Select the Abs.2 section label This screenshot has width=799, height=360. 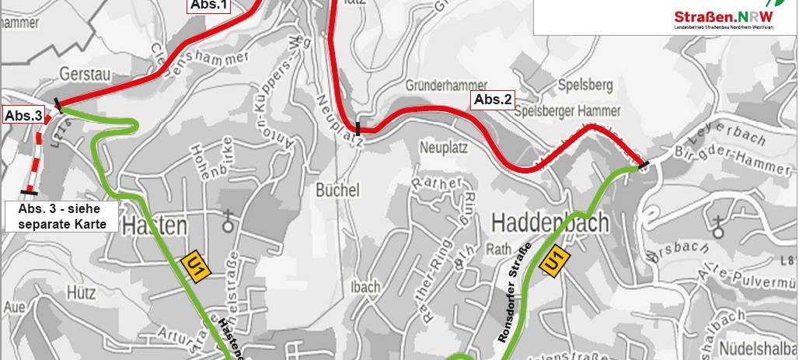click(x=494, y=100)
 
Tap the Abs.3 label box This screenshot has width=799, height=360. click(x=23, y=116)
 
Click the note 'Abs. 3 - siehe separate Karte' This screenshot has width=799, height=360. click(x=61, y=217)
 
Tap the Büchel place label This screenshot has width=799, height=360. click(x=337, y=190)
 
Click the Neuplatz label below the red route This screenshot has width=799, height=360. click(x=441, y=145)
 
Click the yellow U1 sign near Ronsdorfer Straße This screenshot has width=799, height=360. click(x=553, y=261)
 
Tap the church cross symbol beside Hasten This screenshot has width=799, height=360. click(x=229, y=222)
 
